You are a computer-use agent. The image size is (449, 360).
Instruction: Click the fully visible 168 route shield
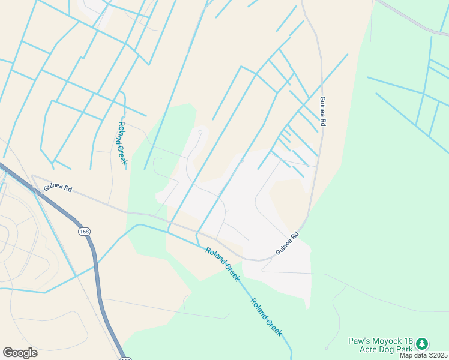coord(83,231)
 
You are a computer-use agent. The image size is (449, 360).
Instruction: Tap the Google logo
coord(20,353)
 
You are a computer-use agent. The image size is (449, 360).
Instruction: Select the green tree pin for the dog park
coord(423,343)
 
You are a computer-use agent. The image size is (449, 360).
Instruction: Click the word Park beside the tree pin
coord(403,349)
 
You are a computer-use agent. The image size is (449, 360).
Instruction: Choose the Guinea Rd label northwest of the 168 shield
coord(58,188)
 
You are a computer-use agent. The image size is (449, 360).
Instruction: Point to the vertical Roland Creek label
coord(122,144)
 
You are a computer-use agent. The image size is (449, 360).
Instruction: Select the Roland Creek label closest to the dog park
coord(266,317)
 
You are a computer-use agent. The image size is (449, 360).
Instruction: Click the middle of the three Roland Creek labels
coord(223,265)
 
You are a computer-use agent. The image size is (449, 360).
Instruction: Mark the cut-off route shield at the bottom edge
coord(125,358)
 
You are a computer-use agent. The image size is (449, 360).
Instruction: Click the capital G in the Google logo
coord(8,352)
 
